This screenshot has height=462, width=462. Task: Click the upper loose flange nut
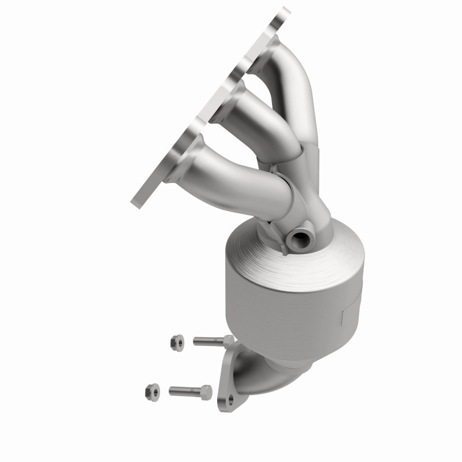pyautogui.click(x=177, y=342)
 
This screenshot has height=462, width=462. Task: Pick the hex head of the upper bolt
pyautogui.click(x=228, y=341)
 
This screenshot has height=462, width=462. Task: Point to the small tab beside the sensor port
pyautogui.click(x=282, y=247)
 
